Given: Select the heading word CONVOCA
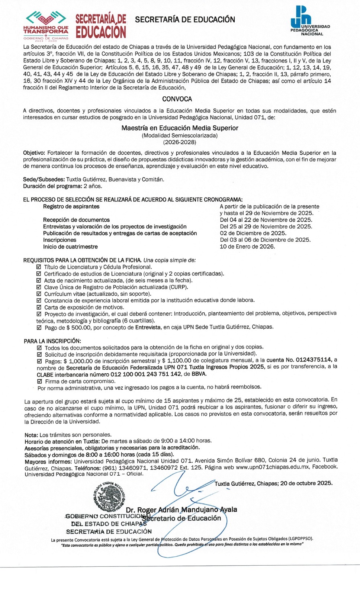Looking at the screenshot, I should coord(177,99).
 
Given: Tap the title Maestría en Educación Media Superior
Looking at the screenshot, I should coord(180,128).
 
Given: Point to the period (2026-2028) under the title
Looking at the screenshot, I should coord(180,142).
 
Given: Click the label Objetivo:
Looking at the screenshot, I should coord(34,153).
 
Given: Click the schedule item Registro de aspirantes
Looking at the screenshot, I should coord(71,206).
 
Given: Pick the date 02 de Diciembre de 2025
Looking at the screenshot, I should coord(253,233).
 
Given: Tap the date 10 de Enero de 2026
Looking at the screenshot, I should coord(247,247).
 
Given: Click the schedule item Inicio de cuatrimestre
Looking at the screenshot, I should coord(70,247).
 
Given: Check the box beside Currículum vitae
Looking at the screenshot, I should coord(39,294).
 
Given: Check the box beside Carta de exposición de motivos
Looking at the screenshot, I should coord(39,307).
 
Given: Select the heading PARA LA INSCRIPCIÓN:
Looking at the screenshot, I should coord(52,341).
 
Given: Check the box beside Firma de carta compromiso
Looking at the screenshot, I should coord(40,381).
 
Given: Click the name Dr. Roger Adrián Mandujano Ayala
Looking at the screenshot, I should coord(181,510).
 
